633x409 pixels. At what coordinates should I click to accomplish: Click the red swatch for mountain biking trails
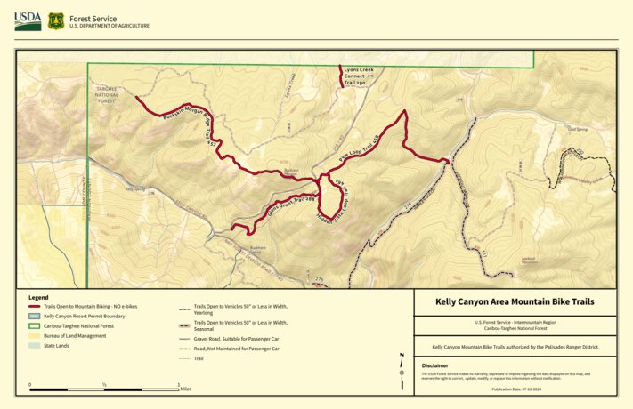pyautogui.click(x=36, y=306)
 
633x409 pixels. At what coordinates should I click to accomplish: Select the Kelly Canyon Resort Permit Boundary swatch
pyautogui.click(x=36, y=316)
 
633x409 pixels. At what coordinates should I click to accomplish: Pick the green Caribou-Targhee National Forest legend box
pyautogui.click(x=36, y=325)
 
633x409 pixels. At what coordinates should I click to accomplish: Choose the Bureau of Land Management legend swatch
pyautogui.click(x=36, y=335)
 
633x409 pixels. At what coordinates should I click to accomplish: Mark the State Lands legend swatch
pyautogui.click(x=36, y=345)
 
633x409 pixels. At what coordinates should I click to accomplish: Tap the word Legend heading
pyautogui.click(x=38, y=297)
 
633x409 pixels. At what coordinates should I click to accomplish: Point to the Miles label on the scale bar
pyautogui.click(x=185, y=388)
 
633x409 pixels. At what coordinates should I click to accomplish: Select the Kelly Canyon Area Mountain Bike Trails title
pyautogui.click(x=514, y=302)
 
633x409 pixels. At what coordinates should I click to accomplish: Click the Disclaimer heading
pyautogui.click(x=435, y=365)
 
